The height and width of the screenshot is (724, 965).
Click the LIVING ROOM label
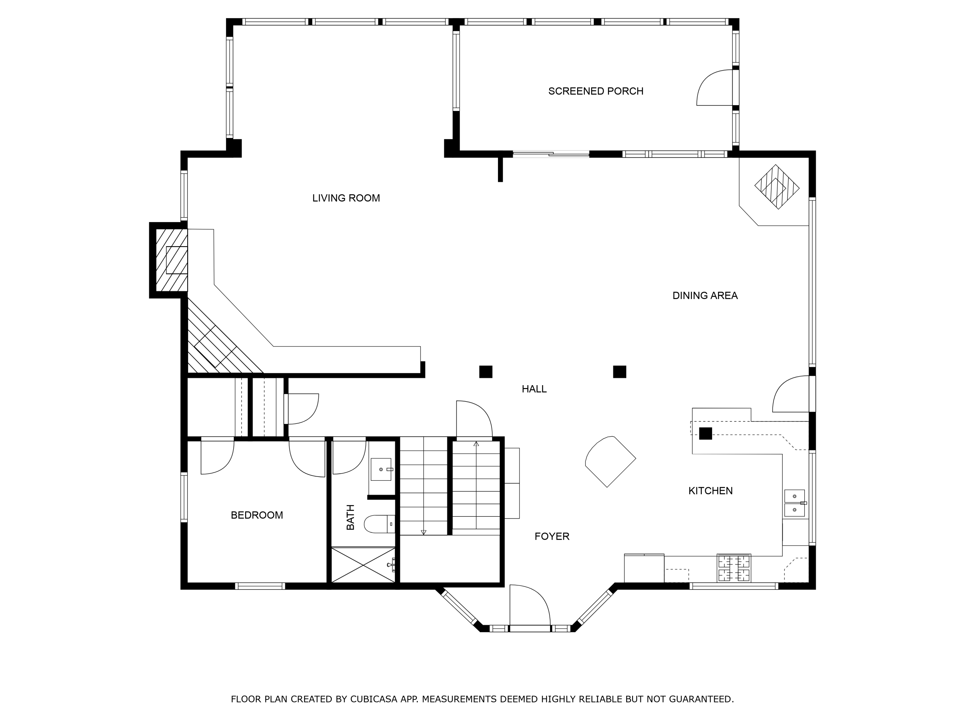point(346,198)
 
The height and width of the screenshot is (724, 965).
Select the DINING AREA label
point(705,295)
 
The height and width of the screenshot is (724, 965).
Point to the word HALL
point(534,389)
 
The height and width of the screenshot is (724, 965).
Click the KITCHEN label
point(710,490)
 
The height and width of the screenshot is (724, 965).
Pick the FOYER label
point(552,536)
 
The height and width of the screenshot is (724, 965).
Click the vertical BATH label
point(350,517)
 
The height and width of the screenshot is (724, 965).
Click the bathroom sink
point(381,469)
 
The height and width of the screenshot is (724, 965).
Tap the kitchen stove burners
point(734,568)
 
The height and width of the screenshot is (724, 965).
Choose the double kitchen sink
point(795,503)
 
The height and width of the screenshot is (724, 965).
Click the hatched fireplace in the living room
point(171,260)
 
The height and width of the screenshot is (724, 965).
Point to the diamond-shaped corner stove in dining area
point(777,187)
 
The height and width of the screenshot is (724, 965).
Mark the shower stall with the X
point(363,565)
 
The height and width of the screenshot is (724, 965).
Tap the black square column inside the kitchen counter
point(705,433)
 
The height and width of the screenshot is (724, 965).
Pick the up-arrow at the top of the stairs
point(476,443)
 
